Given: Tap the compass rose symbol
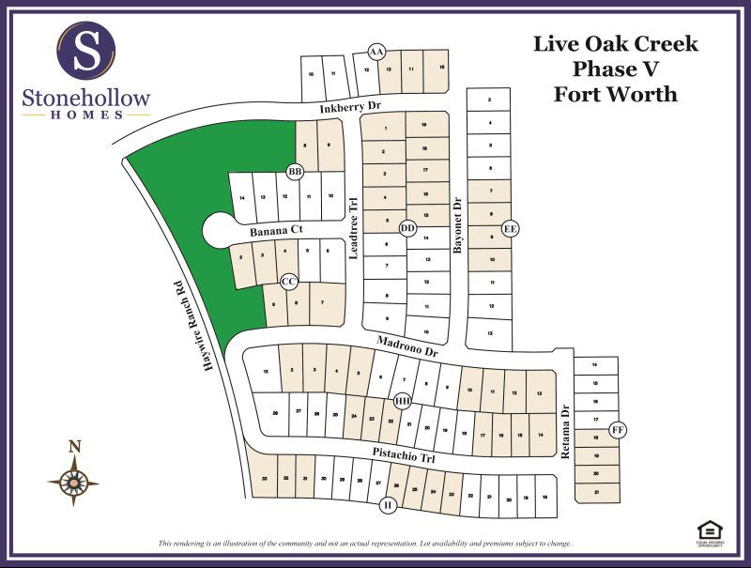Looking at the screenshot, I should (72, 481).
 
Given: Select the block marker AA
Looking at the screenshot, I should (377, 51).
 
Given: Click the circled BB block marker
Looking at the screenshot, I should (295, 172).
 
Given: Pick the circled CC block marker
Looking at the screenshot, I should (290, 281).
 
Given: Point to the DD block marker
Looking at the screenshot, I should (407, 228).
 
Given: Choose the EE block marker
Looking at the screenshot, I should (510, 228).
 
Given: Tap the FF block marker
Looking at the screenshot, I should (617, 430).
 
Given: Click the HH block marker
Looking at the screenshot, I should (403, 401).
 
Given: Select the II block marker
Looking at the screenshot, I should (387, 506).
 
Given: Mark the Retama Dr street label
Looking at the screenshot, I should (565, 431).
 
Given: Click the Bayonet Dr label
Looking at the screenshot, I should (458, 225).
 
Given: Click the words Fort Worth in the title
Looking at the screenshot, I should (615, 94).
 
